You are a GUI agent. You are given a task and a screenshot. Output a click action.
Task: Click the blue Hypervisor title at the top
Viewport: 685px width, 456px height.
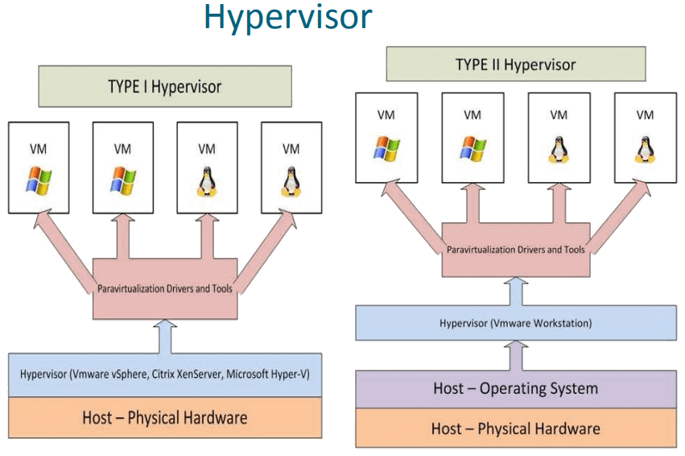coord(287,18)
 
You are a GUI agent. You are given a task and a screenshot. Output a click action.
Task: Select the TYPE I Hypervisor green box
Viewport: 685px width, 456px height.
coord(165,86)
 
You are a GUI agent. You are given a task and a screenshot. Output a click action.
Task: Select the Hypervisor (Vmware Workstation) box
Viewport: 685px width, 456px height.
coord(516,324)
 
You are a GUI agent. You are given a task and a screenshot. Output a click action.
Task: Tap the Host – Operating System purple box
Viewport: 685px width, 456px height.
coord(516,388)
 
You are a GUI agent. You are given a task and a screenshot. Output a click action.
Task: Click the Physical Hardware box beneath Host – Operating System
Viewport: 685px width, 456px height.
coord(516,428)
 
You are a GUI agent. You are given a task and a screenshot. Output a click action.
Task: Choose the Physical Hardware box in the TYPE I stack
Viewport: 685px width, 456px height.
coord(165,417)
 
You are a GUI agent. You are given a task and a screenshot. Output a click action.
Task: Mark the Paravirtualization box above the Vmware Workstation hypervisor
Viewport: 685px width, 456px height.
coord(516,250)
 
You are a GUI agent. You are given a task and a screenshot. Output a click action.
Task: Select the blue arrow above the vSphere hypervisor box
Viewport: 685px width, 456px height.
coord(165,336)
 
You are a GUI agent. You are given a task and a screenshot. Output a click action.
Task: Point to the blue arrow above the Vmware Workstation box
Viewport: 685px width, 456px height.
coord(516,292)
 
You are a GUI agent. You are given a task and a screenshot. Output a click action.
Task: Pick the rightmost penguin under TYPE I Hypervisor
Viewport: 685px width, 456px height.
coord(291,182)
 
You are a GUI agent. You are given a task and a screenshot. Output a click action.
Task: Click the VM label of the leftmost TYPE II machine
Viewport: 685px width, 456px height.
coord(386,114)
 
